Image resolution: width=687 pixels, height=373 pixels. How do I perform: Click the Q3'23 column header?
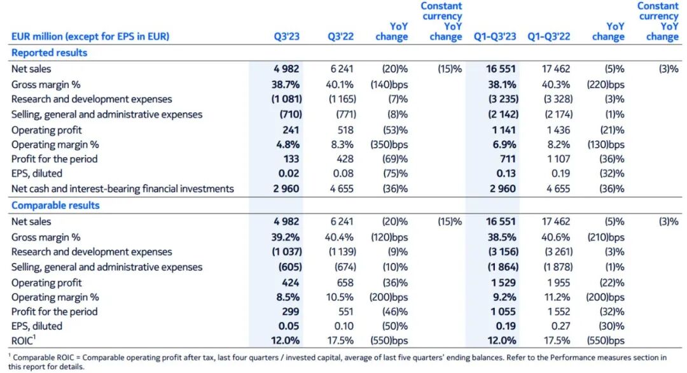tap(286, 36)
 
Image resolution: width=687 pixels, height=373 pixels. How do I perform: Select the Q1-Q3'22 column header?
tap(549, 36)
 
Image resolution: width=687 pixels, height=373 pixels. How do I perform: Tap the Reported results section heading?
tap(50, 53)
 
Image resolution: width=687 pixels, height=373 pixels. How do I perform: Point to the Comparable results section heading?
tap(56, 206)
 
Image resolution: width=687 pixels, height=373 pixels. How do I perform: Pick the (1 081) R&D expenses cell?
tap(282, 99)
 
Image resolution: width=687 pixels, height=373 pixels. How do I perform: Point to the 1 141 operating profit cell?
tap(503, 130)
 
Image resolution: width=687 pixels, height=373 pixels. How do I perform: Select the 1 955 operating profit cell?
tap(557, 283)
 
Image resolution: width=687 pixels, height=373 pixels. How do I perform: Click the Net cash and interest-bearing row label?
tap(123, 188)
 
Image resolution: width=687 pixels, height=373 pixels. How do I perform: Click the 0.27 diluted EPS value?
tap(560, 326)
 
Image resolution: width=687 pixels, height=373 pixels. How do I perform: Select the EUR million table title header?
tap(90, 36)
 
